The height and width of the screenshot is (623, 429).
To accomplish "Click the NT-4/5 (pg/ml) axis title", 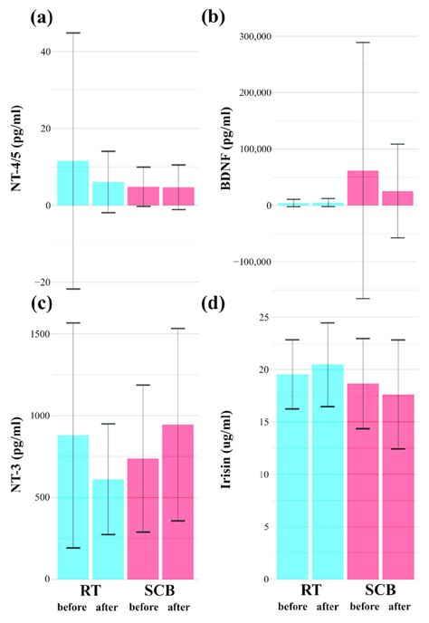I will pos(16,154).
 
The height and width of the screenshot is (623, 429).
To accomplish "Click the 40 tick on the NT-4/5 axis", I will pos(45,52).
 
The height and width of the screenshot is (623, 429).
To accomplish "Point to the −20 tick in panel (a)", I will pos(42,283).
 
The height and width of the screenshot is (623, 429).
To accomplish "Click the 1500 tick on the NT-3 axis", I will pos(40,335).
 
